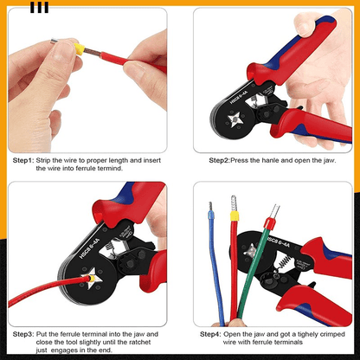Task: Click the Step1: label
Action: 23,160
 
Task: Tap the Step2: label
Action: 219,160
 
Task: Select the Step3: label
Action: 23,334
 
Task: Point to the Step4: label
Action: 210,334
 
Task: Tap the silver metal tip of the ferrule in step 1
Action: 54,42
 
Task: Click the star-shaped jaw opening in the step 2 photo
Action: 235,119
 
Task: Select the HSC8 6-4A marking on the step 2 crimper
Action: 239,97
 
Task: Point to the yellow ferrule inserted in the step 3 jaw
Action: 92,279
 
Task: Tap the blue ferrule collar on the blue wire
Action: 211,215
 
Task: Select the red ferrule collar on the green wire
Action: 269,223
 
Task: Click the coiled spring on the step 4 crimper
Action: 284,262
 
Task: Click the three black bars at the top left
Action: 40,8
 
